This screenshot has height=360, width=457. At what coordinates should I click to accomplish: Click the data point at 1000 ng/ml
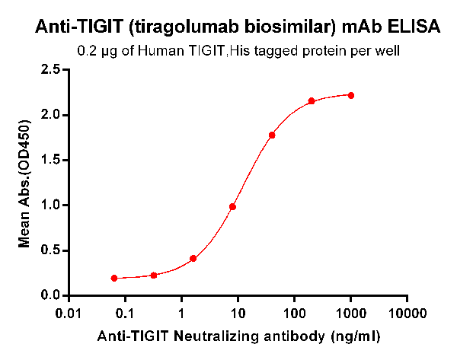pos(351,95)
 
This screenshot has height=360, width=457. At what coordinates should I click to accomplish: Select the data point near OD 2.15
pos(312,101)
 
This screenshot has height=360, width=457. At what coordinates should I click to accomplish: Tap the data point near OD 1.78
pos(272,135)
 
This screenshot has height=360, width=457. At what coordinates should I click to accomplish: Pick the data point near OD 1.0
pos(233,207)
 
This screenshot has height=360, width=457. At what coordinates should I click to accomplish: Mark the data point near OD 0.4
pos(193,258)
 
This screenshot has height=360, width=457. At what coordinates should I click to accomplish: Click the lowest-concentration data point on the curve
pos(114,278)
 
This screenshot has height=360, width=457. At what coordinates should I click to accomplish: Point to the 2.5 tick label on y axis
pos(50,69)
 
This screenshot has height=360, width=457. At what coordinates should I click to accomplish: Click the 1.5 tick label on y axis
pos(50,160)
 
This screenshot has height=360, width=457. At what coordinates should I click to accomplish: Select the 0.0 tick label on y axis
pos(50,295)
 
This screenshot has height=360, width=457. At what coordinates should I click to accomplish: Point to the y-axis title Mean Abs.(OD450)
pos(24,182)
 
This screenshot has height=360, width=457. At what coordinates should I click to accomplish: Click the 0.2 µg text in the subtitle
pos(95,52)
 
